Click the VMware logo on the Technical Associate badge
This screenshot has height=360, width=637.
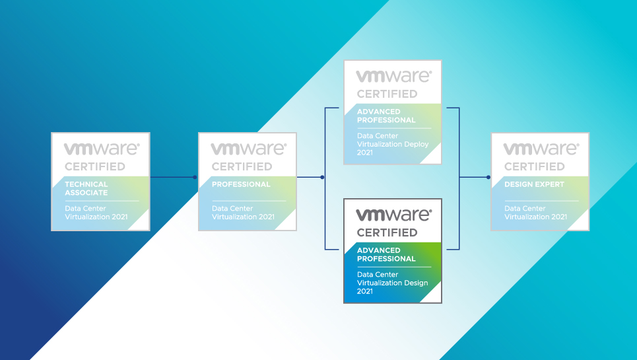[x=101, y=149]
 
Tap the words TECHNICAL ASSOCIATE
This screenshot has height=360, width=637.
[x=86, y=188]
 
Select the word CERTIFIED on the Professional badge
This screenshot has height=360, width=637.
[x=242, y=166]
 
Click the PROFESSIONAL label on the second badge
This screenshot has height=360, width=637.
[x=241, y=184]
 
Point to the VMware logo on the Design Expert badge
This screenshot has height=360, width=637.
[x=540, y=149]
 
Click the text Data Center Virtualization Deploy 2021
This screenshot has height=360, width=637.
[x=393, y=144]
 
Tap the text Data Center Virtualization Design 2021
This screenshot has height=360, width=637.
[x=392, y=283]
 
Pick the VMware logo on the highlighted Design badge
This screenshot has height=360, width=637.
[x=393, y=215]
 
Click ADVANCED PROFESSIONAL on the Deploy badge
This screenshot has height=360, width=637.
[x=386, y=116]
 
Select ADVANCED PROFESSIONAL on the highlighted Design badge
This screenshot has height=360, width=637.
[x=386, y=254]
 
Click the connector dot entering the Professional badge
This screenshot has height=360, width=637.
[x=195, y=177]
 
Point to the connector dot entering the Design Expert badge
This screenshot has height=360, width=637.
[x=488, y=177]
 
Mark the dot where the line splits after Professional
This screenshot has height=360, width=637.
[x=322, y=177]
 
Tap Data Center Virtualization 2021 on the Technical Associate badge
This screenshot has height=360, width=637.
[x=96, y=213]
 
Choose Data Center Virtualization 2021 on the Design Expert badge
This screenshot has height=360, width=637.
[x=535, y=213]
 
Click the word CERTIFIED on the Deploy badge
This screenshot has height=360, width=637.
[x=387, y=94]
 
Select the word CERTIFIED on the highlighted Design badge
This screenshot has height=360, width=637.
[x=387, y=233]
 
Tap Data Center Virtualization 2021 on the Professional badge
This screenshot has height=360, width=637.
[x=243, y=213]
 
